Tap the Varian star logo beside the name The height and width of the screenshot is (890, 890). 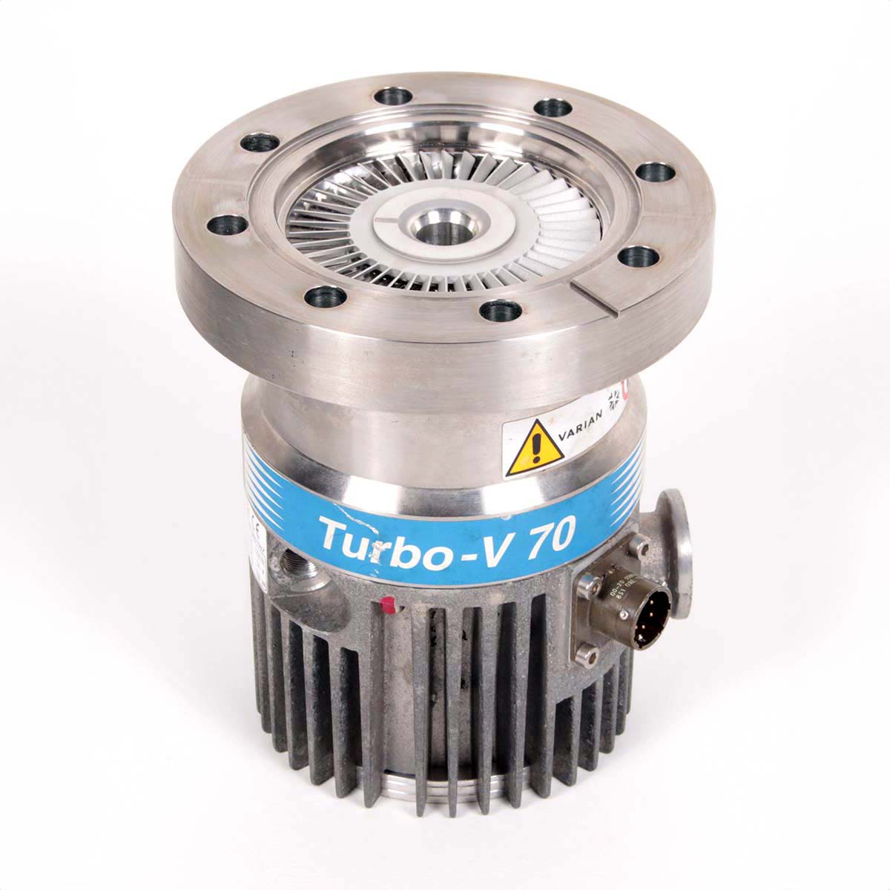point(615,403)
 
